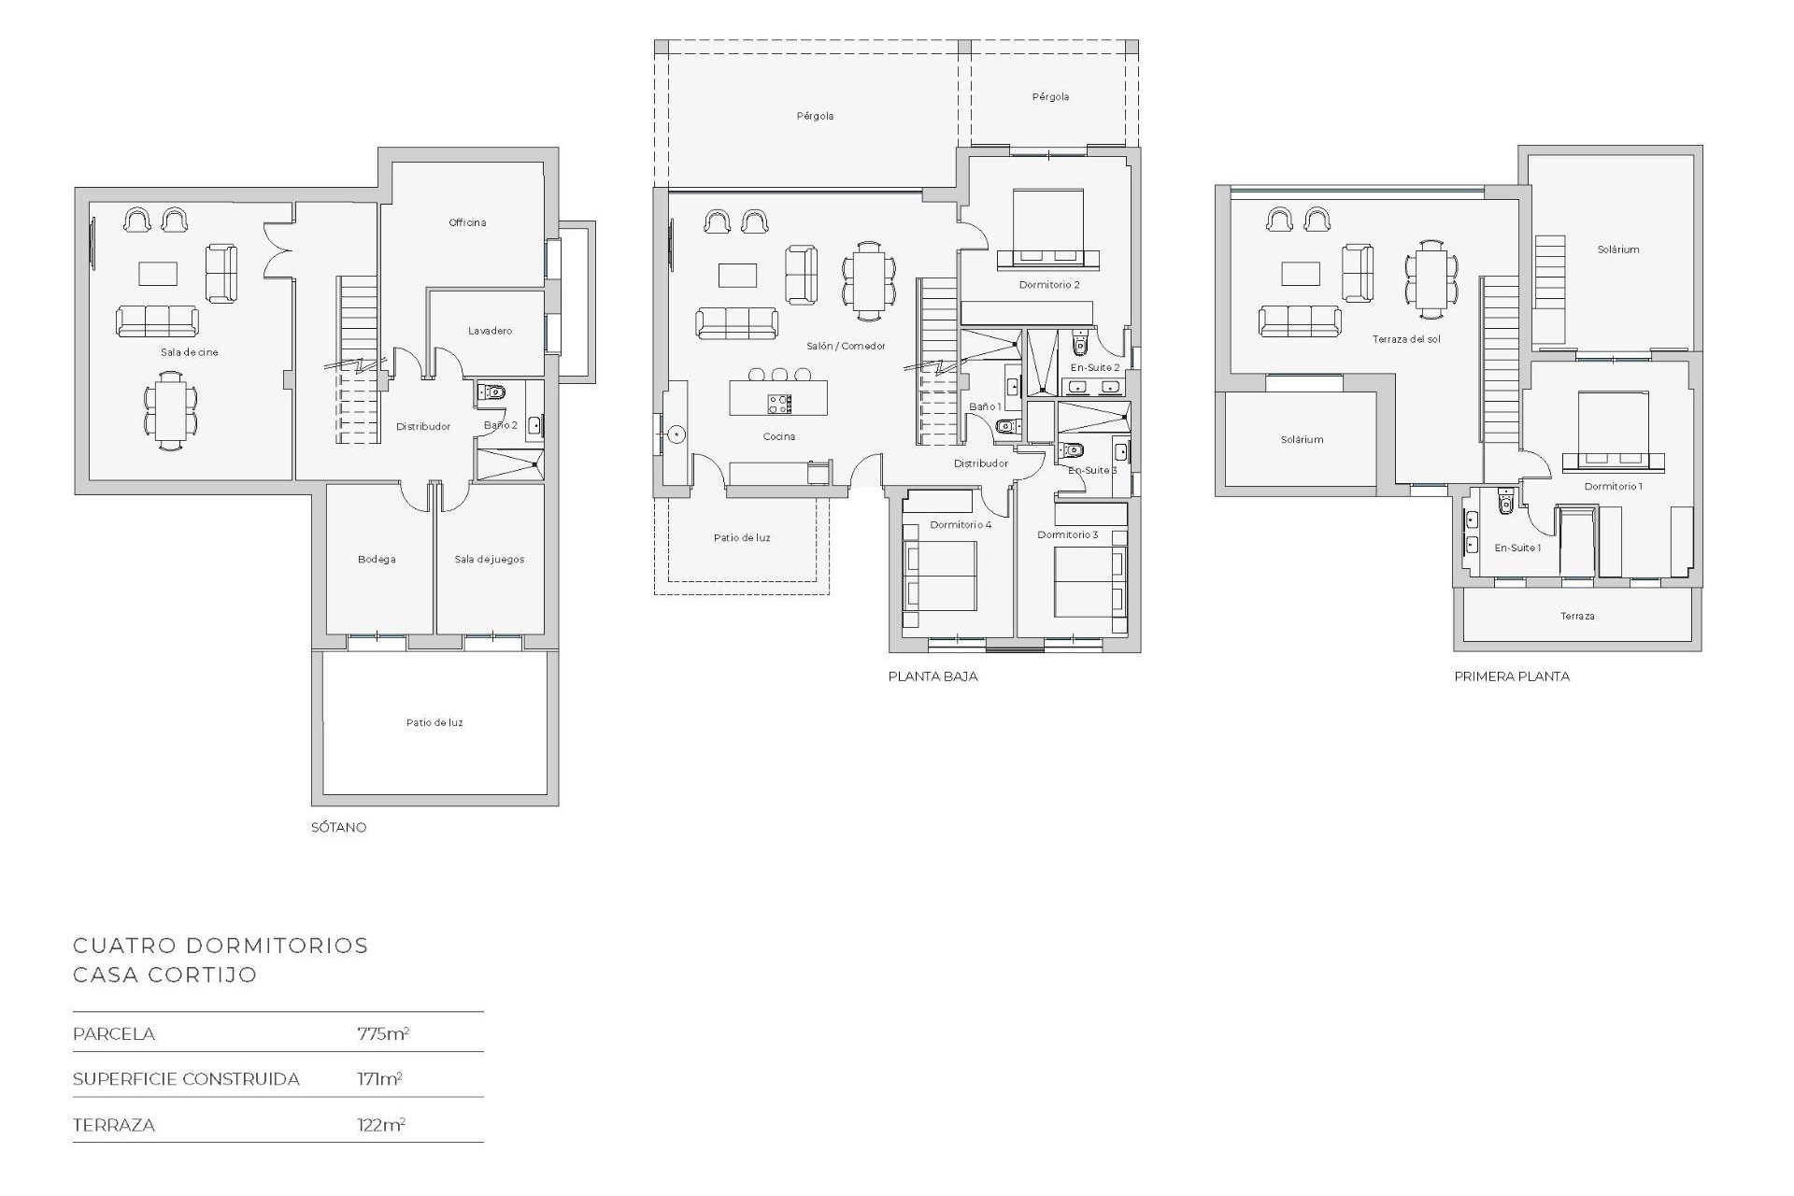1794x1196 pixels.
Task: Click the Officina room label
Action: click(x=467, y=222)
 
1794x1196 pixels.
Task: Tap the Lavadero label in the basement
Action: click(x=490, y=331)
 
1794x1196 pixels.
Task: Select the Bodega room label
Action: click(x=377, y=560)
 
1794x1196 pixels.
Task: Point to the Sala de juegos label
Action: click(x=489, y=560)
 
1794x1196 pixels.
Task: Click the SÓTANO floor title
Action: click(x=338, y=827)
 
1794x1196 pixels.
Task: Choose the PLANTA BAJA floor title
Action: click(x=933, y=676)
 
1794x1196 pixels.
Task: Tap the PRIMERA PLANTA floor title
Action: click(x=1512, y=676)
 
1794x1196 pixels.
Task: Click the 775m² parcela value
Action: click(x=383, y=1033)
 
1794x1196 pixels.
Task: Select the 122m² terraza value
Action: click(x=381, y=1125)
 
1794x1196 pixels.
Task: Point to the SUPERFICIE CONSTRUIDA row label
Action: click(x=186, y=1079)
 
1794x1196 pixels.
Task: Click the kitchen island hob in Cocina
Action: click(x=779, y=404)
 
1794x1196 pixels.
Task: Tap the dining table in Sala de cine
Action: click(x=170, y=411)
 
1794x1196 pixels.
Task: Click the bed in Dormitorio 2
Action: click(x=1047, y=229)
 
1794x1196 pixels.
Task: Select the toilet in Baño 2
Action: click(x=493, y=392)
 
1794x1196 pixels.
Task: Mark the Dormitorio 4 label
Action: click(x=961, y=525)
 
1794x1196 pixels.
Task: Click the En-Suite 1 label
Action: click(x=1516, y=548)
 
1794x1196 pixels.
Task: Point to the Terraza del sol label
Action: click(x=1406, y=339)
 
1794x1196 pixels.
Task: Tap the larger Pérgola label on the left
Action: click(x=815, y=116)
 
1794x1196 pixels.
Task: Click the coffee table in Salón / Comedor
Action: click(x=737, y=275)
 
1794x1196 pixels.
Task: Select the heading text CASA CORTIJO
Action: click(x=164, y=975)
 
